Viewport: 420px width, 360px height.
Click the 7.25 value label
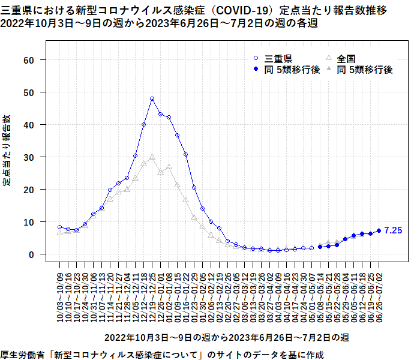tap(393, 230)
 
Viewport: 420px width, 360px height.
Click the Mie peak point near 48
tap(152, 98)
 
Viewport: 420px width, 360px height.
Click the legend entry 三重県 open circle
tap(256, 59)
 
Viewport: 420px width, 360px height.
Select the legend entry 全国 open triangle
tap(329, 59)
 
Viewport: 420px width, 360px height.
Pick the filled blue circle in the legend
tap(256, 70)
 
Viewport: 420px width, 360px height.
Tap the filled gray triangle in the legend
tap(329, 70)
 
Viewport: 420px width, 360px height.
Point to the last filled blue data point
tap(379, 230)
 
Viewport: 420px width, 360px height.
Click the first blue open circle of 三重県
tap(60, 227)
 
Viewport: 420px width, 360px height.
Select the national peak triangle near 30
tap(152, 157)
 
